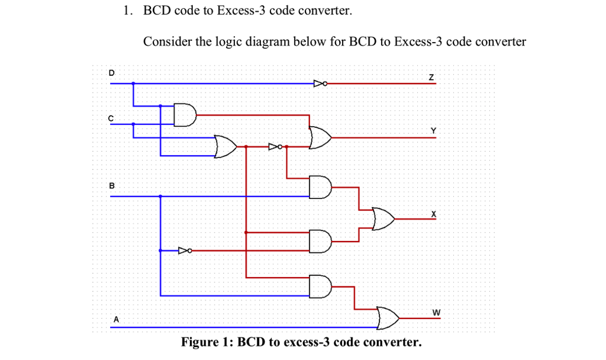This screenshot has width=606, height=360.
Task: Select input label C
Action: coord(110,117)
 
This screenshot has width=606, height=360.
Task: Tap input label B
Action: coord(111,186)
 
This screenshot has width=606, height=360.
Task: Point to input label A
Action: coord(116,319)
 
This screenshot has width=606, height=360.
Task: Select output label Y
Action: coord(433,130)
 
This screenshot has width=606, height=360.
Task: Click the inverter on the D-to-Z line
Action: coord(320,83)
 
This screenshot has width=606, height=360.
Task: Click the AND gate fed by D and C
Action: coord(184,115)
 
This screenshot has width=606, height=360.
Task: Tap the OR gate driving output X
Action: coord(383,218)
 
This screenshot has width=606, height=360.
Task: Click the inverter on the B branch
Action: coord(185,251)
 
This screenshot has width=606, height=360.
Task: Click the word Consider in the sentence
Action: coord(165,42)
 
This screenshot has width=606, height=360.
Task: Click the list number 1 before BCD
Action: coord(126,11)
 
